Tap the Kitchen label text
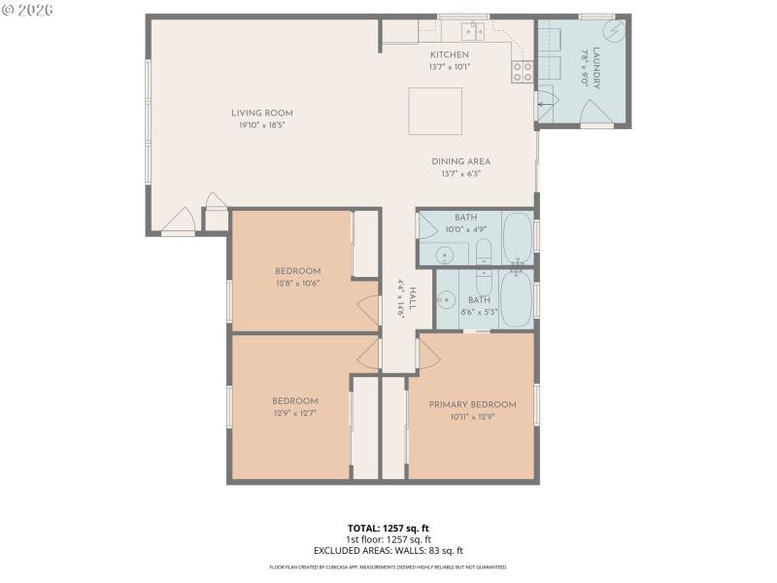coord(449,54)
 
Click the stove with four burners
coord(522,70)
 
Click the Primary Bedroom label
coord(472,404)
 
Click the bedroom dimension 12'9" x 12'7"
coord(294,413)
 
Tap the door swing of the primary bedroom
coord(428,352)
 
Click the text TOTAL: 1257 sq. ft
coord(388,529)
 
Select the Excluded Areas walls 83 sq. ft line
coord(388,550)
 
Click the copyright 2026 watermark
coord(28,10)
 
